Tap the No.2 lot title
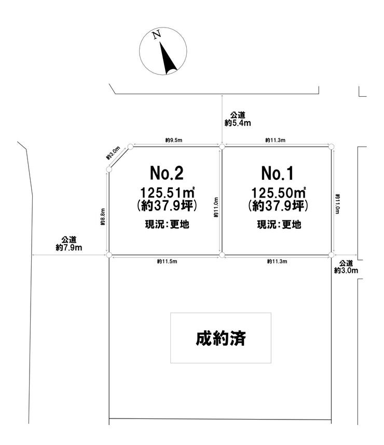tap(167, 173)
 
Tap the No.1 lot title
tap(277, 173)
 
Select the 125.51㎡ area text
tap(168, 193)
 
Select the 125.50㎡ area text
tap(279, 193)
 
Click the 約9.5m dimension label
tap(174, 140)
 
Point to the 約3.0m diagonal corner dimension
tap(113, 153)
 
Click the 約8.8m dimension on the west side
tap(103, 217)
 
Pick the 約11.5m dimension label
tap(167, 261)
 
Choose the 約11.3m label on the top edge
tap(275, 140)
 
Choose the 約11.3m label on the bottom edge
tap(277, 261)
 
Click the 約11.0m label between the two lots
tap(216, 207)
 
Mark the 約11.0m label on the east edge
tap(338, 204)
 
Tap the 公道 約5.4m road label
tap(238, 119)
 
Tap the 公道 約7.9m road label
tap(69, 244)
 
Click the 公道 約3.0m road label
tap(346, 267)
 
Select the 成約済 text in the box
tap(221, 338)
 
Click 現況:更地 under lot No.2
tap(167, 225)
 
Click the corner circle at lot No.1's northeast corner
tap(331, 147)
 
